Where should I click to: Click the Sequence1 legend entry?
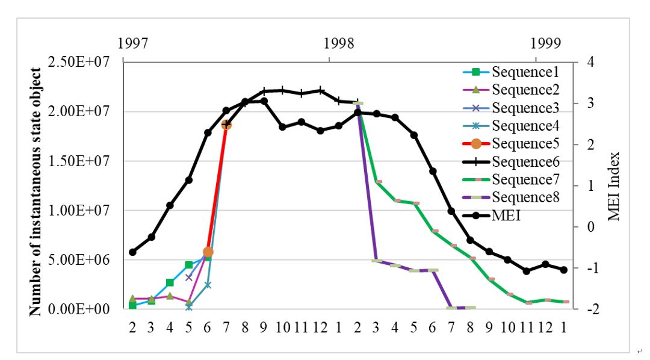click(525, 72)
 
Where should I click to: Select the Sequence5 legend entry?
click(525, 144)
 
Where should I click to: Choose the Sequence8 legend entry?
click(525, 197)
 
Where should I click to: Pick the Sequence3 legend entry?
click(525, 108)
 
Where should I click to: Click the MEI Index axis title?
click(614, 186)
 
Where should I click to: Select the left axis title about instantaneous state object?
click(36, 192)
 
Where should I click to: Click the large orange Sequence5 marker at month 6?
click(208, 252)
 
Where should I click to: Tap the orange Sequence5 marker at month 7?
click(227, 125)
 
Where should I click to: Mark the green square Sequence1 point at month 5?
click(189, 265)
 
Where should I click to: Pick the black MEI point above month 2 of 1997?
click(132, 252)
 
